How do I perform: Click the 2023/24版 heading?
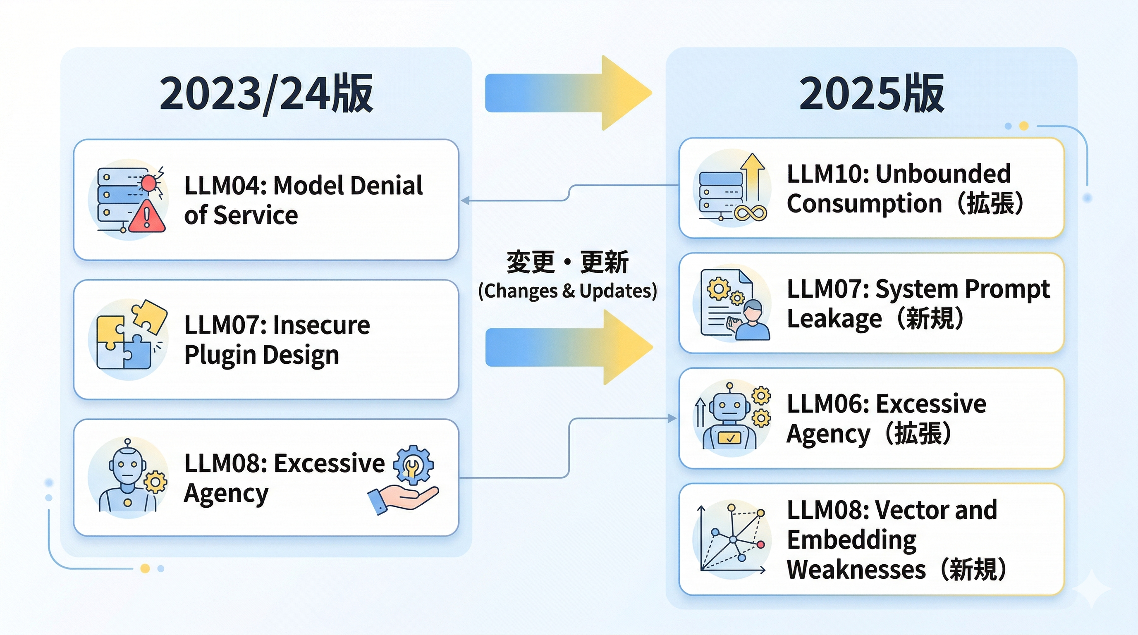click(266, 93)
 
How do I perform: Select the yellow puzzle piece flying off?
click(149, 316)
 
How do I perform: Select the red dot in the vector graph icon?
click(761, 544)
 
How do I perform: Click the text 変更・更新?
click(567, 262)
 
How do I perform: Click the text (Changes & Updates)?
click(567, 291)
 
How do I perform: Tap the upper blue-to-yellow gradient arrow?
click(568, 93)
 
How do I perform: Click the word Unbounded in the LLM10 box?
click(943, 174)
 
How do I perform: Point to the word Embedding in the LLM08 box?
click(851, 540)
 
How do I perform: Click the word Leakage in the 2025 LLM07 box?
click(834, 319)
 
